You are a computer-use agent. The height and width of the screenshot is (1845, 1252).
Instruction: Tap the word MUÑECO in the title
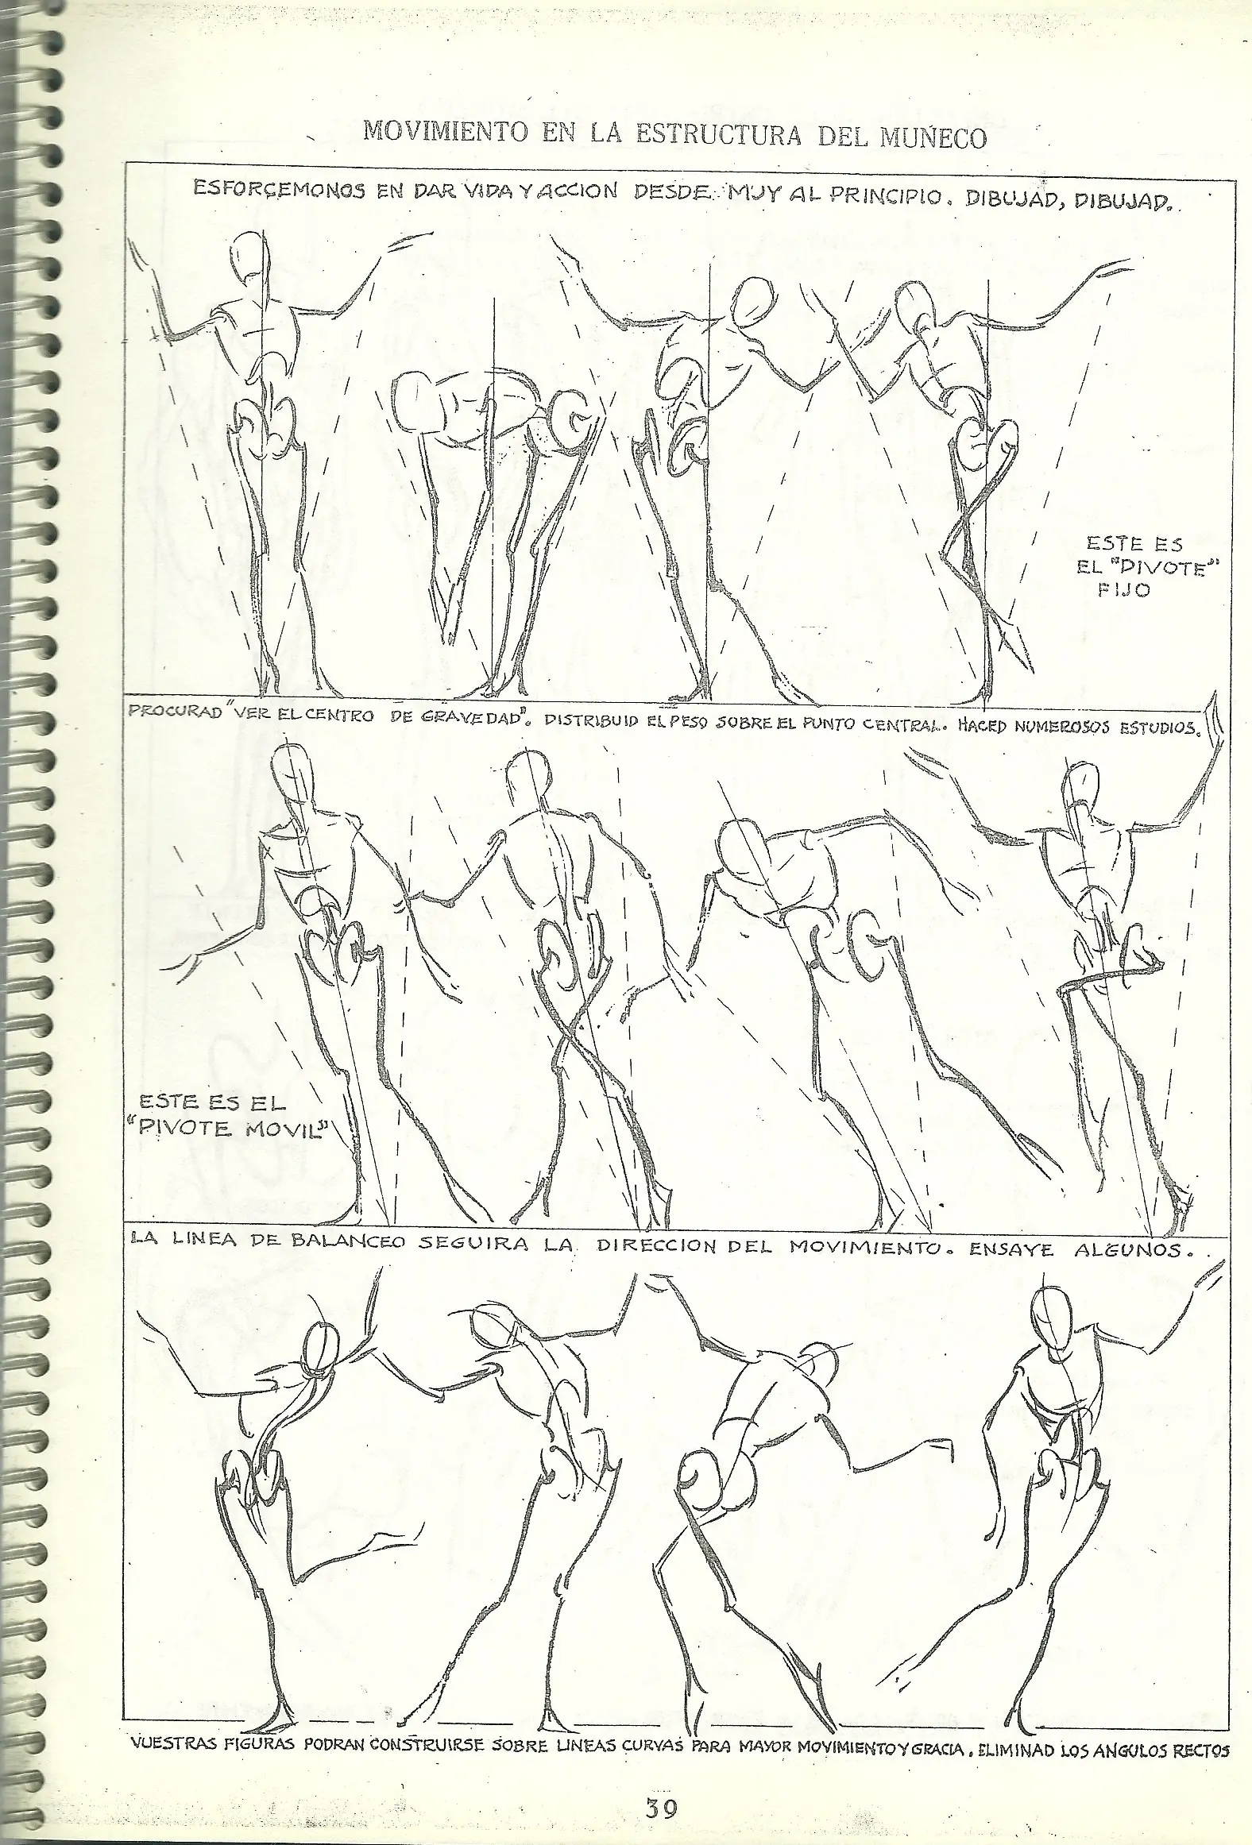pos(933,137)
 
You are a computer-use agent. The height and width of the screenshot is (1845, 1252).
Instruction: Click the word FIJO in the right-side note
pos(1124,591)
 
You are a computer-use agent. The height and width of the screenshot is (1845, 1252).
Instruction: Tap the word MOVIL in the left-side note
pos(286,1128)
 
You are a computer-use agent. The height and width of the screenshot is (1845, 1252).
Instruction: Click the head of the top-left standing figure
pos(253,265)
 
